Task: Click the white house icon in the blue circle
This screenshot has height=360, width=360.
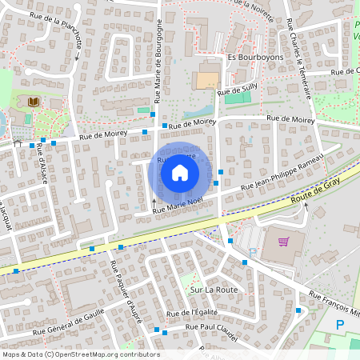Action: (x=180, y=171)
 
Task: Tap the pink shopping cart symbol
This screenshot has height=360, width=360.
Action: (x=283, y=241)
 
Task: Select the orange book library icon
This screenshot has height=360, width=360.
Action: (x=34, y=102)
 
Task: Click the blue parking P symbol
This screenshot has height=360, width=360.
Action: (x=341, y=325)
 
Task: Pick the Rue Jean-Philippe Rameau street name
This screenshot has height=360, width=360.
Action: (x=276, y=174)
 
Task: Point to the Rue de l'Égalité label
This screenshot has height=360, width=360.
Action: (x=192, y=312)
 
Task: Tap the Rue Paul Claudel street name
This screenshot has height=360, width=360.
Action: (x=212, y=327)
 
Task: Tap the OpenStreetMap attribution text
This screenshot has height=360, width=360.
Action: (x=82, y=354)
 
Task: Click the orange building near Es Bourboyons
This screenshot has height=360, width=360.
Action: (x=206, y=80)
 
